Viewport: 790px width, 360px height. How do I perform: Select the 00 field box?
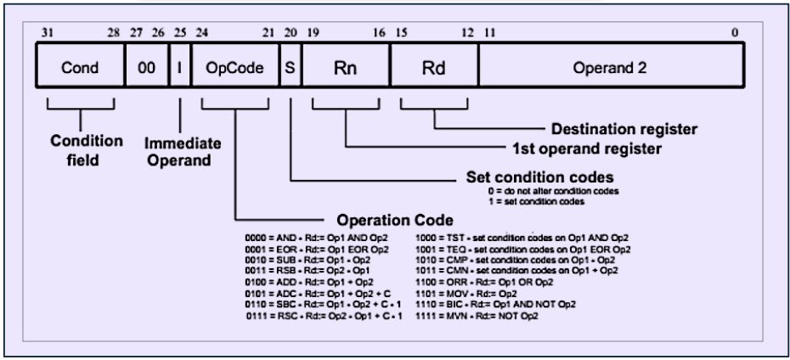tap(147, 65)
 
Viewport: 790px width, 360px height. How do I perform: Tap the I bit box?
tap(180, 65)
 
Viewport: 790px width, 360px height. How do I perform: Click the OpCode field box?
tap(235, 65)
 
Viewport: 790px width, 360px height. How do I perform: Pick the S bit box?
tap(291, 65)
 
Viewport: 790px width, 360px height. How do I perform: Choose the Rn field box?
tap(347, 65)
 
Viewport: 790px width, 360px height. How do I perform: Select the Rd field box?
tap(434, 65)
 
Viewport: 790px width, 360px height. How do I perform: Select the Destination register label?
tap(624, 129)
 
